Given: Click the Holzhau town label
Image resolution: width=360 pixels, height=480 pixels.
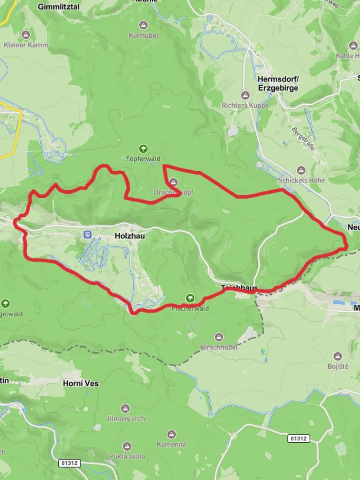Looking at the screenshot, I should pos(129,236).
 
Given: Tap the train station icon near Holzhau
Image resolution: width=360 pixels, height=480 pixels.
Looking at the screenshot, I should pos(88,234).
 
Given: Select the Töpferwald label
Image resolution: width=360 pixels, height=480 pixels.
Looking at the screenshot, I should pos(143,159).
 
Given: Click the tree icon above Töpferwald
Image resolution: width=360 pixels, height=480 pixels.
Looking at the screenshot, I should pos(143,149).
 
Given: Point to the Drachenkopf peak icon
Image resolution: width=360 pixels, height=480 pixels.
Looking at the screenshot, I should pos(173,182).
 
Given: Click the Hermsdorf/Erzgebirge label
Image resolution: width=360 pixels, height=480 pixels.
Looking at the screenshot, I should pos(278,83).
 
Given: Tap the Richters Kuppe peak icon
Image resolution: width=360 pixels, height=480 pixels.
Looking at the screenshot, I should pos(245,95).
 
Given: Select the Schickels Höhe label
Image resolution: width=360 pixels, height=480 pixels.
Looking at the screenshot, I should pos(301,180).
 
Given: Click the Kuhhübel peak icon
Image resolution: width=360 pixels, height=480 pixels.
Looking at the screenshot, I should pos(143,25).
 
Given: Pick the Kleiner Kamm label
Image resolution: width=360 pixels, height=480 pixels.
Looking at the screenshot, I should pos(26,45).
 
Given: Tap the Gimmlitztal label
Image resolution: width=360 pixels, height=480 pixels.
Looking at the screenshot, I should pos(59,7).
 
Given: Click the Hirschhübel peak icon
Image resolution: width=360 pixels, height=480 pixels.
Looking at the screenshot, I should pos(219,337).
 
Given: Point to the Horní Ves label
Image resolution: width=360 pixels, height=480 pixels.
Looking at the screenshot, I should pos(80,383).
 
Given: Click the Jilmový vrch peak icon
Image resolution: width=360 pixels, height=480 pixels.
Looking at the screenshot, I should pos(126,408).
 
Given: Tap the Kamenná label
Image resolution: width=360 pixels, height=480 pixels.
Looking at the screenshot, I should pos(172,444).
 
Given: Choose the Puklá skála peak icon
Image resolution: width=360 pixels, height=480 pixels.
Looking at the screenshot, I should pos(127,446).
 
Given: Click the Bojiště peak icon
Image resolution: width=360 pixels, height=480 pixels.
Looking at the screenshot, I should pos(338,356).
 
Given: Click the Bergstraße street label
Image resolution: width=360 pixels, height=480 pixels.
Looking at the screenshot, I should pos(303,138).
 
